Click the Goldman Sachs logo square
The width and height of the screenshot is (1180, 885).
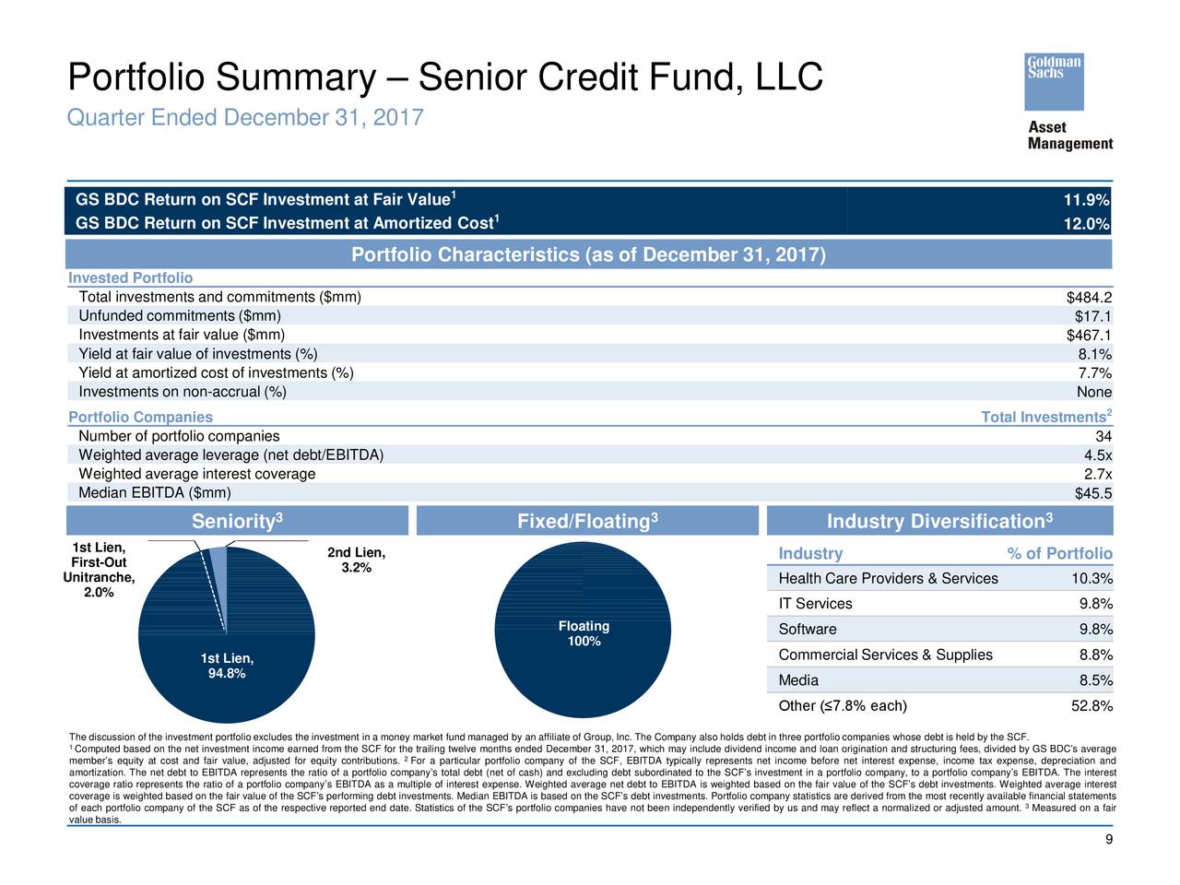click(1053, 82)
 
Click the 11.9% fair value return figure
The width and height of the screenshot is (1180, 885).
click(1086, 200)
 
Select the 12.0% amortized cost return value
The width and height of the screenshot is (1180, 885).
click(1086, 223)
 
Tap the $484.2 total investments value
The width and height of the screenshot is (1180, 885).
click(1089, 297)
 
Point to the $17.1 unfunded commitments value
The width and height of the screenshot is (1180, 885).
click(1093, 316)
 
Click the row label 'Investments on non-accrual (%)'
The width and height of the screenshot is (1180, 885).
click(183, 392)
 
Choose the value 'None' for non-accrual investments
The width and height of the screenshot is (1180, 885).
click(1094, 392)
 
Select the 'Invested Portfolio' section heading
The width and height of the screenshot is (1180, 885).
click(130, 277)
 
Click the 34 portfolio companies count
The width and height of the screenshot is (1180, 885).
click(1103, 436)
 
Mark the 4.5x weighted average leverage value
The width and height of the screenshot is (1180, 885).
click(1098, 455)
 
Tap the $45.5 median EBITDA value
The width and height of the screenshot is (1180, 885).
click(1093, 493)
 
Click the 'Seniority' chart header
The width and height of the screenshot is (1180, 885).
click(237, 521)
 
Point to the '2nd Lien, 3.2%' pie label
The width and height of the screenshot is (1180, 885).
click(357, 560)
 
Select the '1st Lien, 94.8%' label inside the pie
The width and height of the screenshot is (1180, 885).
click(227, 666)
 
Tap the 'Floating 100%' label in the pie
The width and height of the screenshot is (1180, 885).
click(584, 633)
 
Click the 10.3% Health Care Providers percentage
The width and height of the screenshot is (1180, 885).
click(1091, 578)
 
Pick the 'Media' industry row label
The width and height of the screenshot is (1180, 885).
click(798, 680)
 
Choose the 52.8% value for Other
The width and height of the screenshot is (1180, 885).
click(1091, 705)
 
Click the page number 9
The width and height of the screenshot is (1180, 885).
click(1108, 839)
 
